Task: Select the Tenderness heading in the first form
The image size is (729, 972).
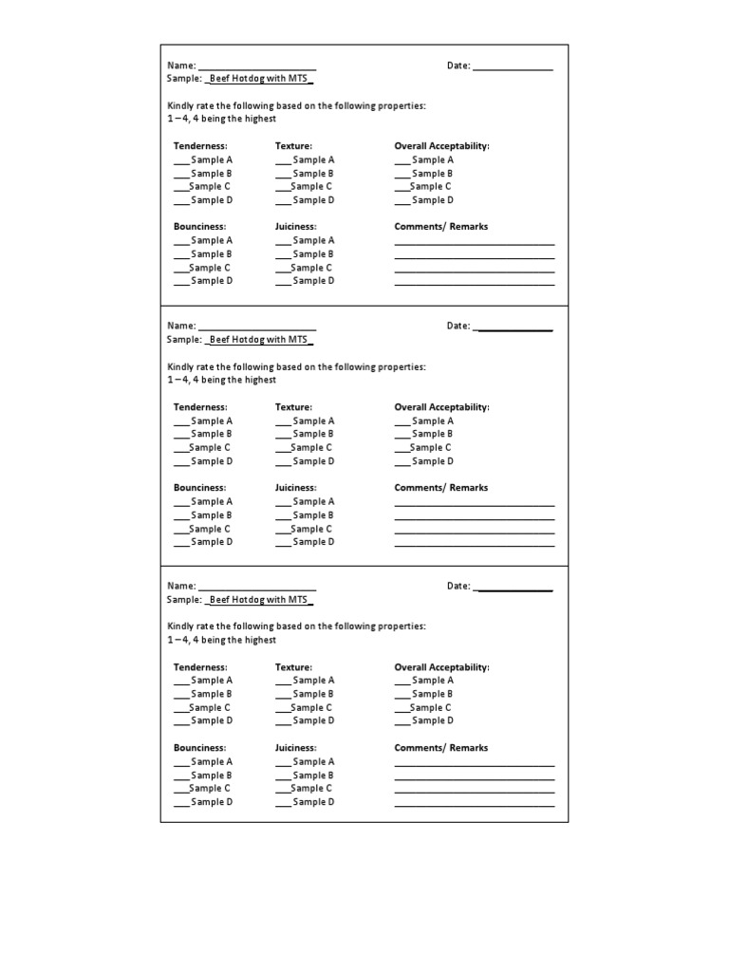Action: (200, 146)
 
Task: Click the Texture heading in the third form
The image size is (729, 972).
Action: (293, 667)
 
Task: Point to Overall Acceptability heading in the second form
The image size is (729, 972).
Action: (441, 407)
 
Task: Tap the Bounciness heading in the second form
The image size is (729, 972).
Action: (199, 488)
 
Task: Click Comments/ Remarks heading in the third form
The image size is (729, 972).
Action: (440, 748)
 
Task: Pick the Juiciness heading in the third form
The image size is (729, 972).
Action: (295, 748)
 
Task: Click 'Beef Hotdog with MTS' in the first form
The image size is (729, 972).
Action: (259, 80)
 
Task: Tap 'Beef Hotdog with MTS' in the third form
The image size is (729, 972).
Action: (259, 600)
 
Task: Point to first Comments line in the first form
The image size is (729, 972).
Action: (474, 244)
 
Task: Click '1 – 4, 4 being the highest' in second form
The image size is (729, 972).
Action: (221, 380)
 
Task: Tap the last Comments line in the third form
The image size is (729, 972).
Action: (474, 805)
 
